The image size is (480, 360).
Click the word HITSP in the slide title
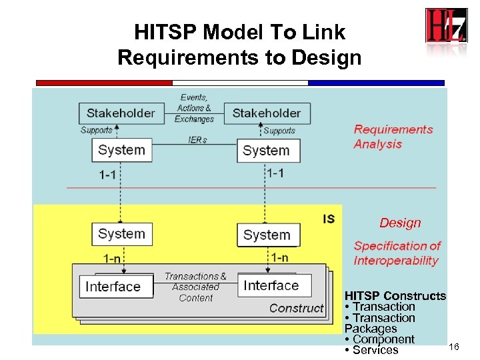pos(166,32)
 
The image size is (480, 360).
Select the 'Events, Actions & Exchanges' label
pos(194,108)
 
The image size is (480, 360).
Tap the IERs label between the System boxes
pos(197,140)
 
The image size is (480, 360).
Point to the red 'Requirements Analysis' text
pos(393,137)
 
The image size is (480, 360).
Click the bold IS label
pos(329,219)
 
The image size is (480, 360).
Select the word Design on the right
pos(400,223)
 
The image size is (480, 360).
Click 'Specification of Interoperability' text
pos(397,253)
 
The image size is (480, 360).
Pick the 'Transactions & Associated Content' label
pos(195,287)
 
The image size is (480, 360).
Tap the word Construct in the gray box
pos(296,307)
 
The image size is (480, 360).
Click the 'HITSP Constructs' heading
pos(395,295)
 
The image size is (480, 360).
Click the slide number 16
pos(454,347)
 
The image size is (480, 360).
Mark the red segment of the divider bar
pos(103,83)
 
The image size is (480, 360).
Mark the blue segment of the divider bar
pos(376,83)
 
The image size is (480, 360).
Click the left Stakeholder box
pos(120,113)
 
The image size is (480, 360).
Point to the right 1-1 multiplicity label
pos(275,173)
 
